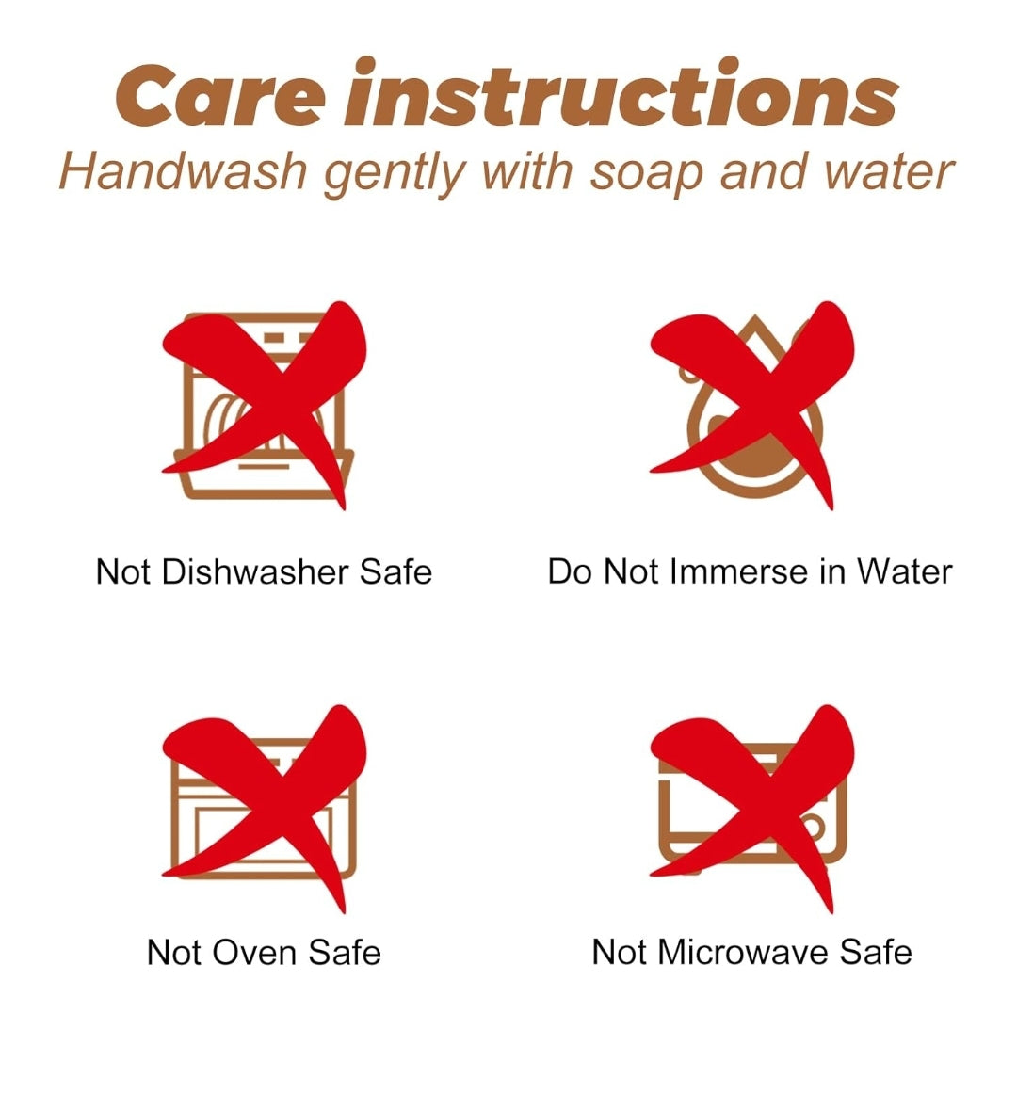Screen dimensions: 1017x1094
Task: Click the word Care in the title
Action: (218, 96)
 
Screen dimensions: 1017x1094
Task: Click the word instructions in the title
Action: (621, 92)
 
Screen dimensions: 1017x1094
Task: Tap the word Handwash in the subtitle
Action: (183, 171)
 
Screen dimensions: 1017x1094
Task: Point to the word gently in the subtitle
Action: (395, 175)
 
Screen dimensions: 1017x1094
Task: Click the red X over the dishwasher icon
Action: (265, 406)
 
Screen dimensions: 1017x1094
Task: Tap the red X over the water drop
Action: (752, 406)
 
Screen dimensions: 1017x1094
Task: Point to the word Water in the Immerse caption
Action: (905, 572)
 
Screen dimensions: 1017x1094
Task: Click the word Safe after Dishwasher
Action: (395, 572)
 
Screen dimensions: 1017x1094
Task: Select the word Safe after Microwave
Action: (876, 953)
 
